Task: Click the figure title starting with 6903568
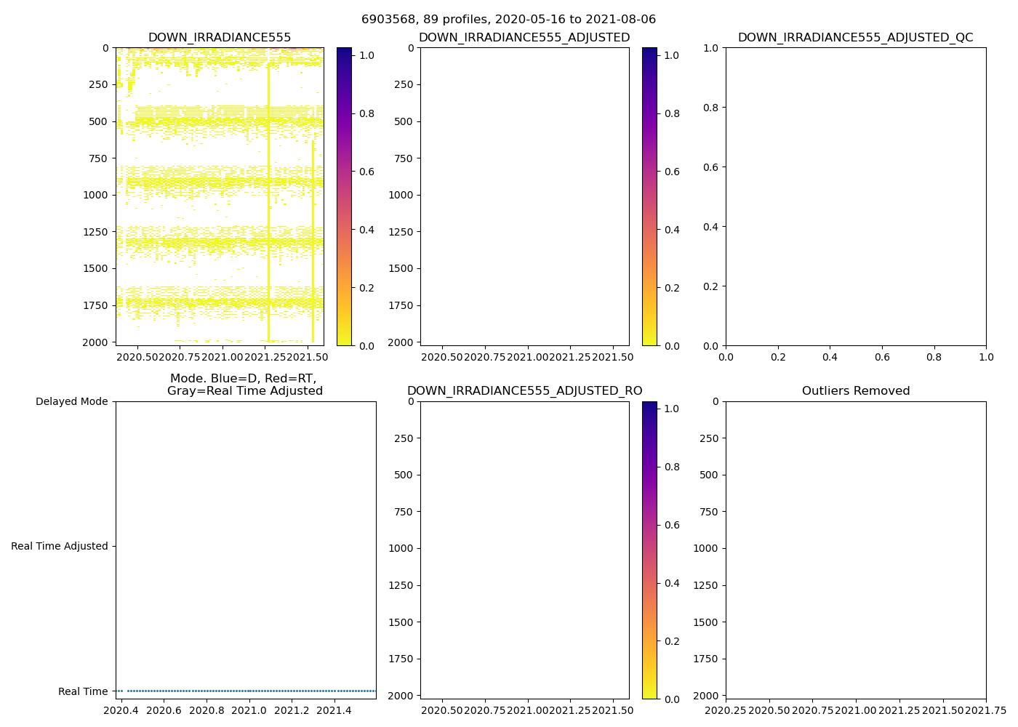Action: coord(508,20)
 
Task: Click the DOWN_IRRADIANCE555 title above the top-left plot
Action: coord(220,38)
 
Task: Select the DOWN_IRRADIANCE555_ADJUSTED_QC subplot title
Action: coord(855,38)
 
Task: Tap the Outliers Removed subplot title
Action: coord(855,391)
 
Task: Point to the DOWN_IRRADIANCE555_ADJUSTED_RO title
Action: coord(524,391)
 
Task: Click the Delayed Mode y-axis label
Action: coord(71,401)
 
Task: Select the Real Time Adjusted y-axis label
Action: coord(59,546)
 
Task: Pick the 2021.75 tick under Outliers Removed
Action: coord(986,710)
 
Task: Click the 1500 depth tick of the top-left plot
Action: coord(97,268)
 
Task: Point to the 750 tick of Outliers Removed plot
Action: coord(709,512)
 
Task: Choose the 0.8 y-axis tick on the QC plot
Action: coord(711,108)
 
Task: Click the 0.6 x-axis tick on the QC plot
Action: coord(882,356)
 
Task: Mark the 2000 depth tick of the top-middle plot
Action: coord(401,342)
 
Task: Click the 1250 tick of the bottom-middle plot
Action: coord(401,585)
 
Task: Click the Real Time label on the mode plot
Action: coord(83,691)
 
